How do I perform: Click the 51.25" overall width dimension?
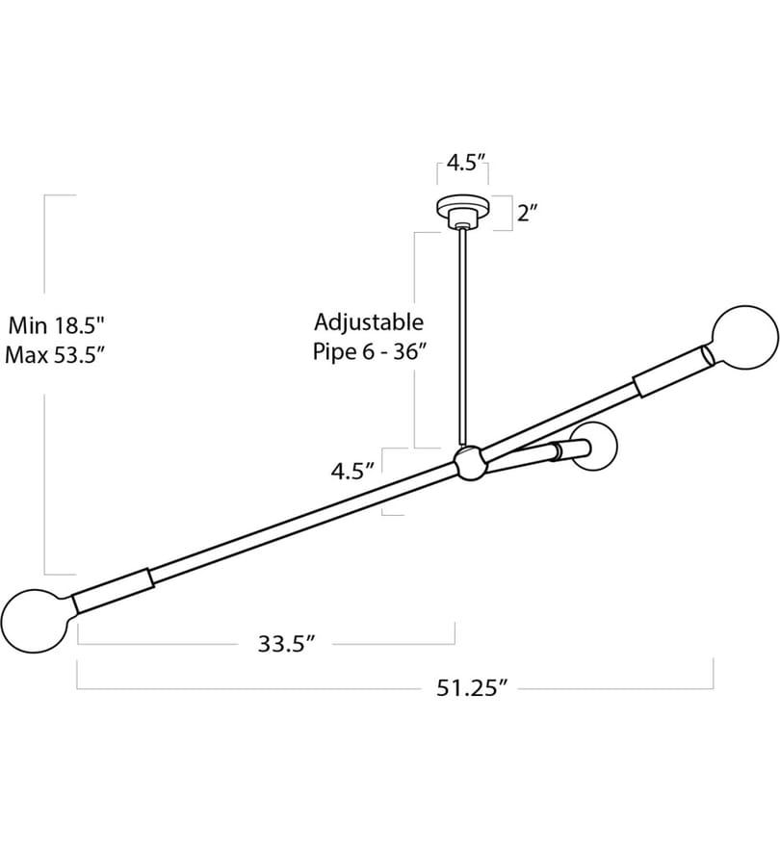pos(472,688)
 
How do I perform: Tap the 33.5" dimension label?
pos(286,643)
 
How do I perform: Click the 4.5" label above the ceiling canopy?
pos(465,162)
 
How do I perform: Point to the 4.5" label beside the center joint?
pos(352,471)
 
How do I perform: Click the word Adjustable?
pos(369,321)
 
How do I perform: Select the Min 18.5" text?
pos(55,325)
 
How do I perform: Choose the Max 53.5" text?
pos(54,355)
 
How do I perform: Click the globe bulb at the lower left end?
pos(37,621)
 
